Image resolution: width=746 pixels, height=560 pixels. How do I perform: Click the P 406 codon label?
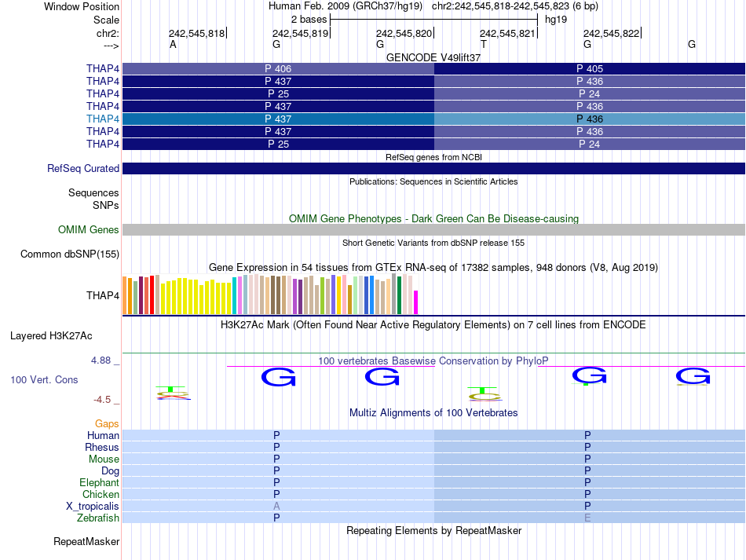278,68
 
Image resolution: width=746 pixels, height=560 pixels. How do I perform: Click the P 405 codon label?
590,68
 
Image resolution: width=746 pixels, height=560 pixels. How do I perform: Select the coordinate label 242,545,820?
404,33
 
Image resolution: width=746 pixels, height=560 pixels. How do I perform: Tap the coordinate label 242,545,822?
611,33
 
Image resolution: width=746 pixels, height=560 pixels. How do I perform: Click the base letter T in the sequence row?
484,45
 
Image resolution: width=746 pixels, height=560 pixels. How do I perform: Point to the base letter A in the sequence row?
173,45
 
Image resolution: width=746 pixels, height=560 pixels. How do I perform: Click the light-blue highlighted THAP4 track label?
103,119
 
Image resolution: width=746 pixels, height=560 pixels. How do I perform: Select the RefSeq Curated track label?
83,168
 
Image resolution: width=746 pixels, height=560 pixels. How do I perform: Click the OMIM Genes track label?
89,229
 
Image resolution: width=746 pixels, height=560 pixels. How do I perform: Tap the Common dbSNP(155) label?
70,254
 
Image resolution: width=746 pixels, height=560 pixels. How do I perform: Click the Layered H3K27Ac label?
51,335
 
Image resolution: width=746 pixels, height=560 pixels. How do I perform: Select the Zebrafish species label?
98,518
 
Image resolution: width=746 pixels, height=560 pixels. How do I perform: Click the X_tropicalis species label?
93,507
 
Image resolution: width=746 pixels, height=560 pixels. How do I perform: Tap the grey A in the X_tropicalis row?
276,507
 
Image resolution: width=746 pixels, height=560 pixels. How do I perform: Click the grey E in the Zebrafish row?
587,518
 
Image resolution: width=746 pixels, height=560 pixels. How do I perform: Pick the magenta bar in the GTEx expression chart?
416,302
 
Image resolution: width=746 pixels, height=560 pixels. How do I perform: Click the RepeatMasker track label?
86,542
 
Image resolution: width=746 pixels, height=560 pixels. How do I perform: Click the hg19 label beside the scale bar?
556,19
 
